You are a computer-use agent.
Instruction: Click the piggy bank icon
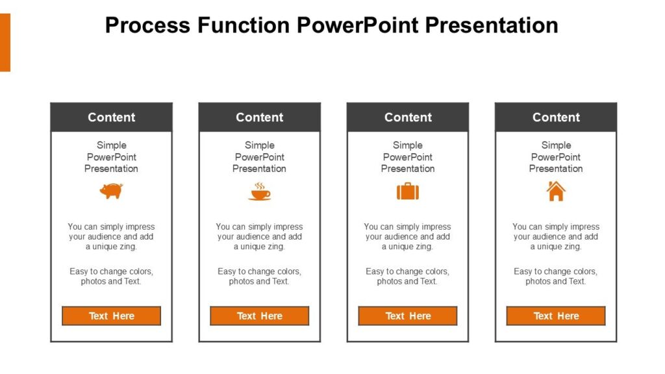click(x=111, y=191)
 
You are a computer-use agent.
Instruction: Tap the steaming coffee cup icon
click(x=260, y=191)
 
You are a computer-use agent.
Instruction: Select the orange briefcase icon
click(x=408, y=192)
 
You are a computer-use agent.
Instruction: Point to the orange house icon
click(x=556, y=191)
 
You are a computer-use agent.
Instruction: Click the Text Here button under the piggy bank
click(x=111, y=316)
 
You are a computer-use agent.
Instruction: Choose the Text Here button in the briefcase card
click(x=408, y=316)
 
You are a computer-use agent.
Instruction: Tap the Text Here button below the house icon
click(x=556, y=316)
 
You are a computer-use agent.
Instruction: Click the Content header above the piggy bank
click(x=111, y=118)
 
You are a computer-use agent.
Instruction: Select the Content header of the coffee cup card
click(x=260, y=118)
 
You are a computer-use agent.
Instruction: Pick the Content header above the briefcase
click(x=408, y=118)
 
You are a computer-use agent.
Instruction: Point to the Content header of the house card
click(x=556, y=118)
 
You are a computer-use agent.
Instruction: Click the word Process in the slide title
click(x=147, y=25)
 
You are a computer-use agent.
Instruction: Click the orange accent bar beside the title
click(x=5, y=42)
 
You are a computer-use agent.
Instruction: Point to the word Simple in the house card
click(x=556, y=145)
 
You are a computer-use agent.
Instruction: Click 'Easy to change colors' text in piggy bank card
click(x=111, y=271)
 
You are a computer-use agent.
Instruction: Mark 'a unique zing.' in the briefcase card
click(x=408, y=247)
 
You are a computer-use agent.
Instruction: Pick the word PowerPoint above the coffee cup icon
click(x=260, y=157)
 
